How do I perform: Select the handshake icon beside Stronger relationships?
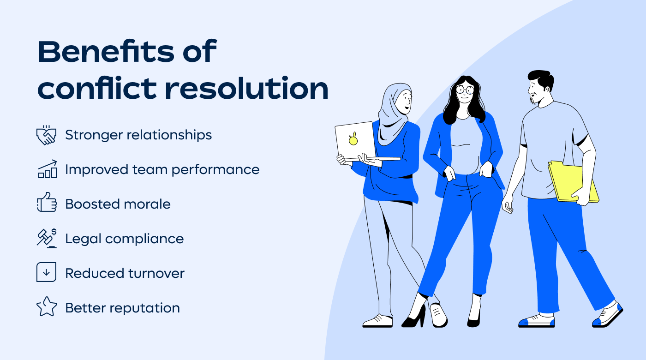coord(47,135)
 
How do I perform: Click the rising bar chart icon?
coord(47,169)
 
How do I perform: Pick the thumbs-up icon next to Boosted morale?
coord(47,204)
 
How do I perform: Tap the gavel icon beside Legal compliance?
coord(47,238)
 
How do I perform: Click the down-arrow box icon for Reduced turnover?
coord(46,272)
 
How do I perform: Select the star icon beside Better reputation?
coord(47,307)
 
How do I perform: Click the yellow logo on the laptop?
coord(353,139)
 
